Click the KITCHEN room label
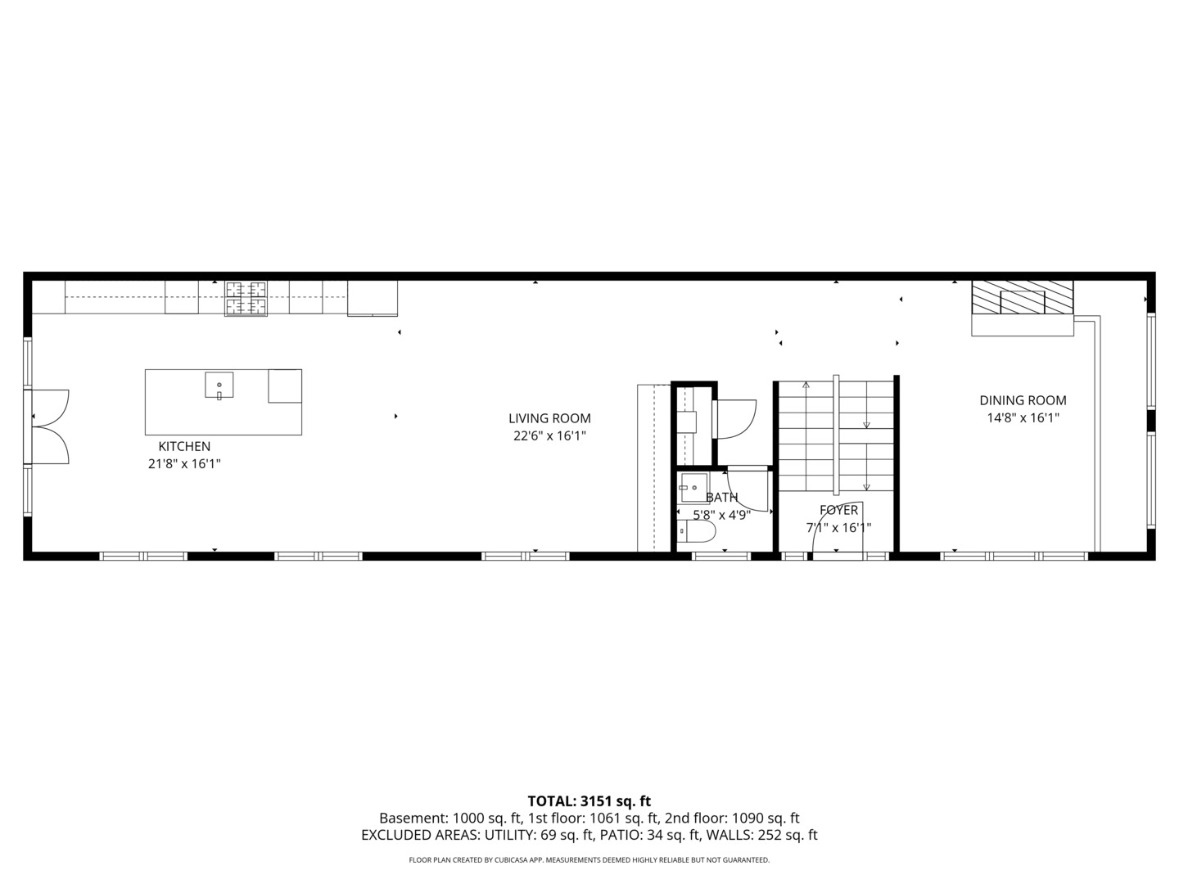point(184,446)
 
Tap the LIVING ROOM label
point(549,418)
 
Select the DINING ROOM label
point(1023,400)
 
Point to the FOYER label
point(838,510)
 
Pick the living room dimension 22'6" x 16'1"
point(549,436)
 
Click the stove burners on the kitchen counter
point(246,298)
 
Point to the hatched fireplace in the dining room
point(1022,298)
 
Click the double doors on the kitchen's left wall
point(49,426)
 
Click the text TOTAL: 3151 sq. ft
point(589,801)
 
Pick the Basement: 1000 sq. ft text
point(450,819)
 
